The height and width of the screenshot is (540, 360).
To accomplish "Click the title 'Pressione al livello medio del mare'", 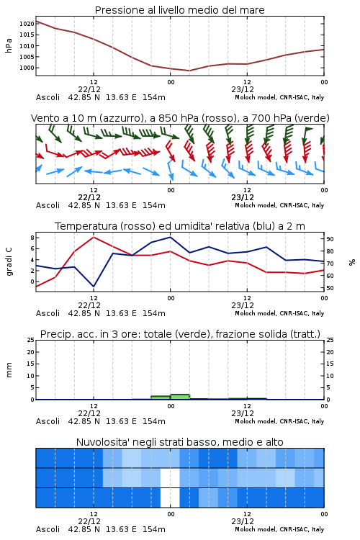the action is tap(179, 10).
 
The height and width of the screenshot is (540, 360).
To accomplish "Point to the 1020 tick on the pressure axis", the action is tap(27, 24).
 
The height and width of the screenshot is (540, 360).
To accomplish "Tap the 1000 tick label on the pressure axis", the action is tap(27, 68).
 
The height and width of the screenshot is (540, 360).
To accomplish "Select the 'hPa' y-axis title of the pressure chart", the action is tap(9, 45).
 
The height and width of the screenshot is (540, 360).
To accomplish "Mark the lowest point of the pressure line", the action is tap(189, 71).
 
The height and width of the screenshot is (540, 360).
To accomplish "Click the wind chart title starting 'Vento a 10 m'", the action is tap(180, 118).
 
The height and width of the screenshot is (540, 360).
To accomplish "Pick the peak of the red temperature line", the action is tap(94, 237).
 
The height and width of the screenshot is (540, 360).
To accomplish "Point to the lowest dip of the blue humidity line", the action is tap(94, 287).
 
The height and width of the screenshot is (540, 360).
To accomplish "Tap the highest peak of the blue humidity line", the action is tap(170, 237).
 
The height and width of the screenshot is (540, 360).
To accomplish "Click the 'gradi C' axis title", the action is tap(9, 261).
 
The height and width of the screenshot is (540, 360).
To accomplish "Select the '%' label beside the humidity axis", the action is tap(352, 262).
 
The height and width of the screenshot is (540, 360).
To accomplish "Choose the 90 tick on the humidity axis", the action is tap(330, 239).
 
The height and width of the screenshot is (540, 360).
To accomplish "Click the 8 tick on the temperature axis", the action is tap(32, 238).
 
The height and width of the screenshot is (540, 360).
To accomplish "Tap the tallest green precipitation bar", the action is tap(180, 397).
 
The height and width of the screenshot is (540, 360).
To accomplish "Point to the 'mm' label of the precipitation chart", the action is tap(9, 370).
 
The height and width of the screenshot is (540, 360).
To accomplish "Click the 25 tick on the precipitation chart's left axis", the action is tap(31, 340).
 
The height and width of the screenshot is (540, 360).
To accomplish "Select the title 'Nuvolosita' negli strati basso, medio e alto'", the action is tap(179, 442).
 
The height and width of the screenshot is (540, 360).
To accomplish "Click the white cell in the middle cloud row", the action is tap(170, 477).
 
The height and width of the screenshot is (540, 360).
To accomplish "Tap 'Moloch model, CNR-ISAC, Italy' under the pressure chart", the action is tap(279, 97).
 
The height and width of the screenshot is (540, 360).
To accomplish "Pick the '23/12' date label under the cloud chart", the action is tap(243, 521).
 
